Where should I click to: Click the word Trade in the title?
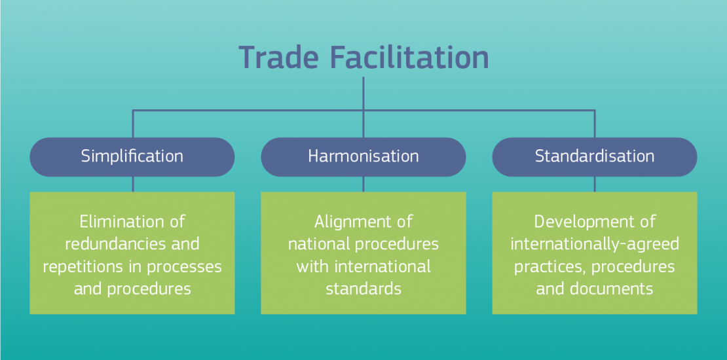tap(279, 58)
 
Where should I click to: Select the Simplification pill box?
tap(132, 156)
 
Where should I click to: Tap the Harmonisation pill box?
tap(363, 156)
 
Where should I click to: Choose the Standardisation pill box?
tap(595, 156)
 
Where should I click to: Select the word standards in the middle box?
tap(363, 289)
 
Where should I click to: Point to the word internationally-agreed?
tap(595, 244)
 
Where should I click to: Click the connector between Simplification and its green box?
tap(132, 184)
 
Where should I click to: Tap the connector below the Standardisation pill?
tap(595, 184)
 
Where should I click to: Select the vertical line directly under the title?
tap(363, 93)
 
